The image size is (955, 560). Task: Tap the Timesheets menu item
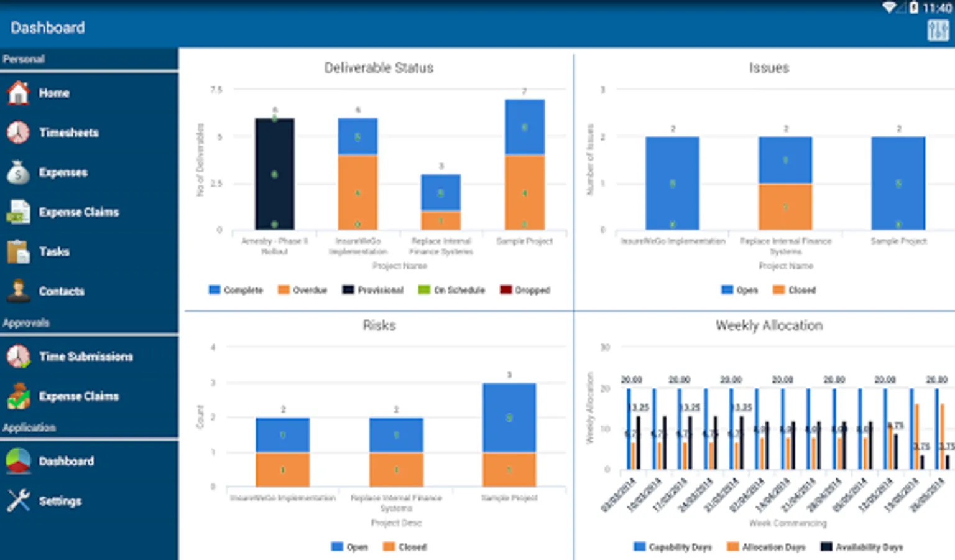68,133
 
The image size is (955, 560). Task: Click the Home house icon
19,93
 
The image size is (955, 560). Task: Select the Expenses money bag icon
19,172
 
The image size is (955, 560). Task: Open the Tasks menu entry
54,251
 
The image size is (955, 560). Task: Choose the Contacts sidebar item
61,291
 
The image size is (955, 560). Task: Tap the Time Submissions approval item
86,357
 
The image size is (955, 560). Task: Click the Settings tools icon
19,500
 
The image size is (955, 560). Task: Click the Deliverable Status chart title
379,68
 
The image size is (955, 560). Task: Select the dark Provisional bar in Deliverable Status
274,174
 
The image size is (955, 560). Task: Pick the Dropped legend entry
525,290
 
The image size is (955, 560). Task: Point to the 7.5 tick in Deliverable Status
216,90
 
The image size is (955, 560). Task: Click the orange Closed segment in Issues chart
785,207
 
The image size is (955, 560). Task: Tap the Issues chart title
768,68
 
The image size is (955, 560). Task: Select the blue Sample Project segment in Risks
509,418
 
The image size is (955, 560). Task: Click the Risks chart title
379,325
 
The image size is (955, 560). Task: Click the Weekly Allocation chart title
768,325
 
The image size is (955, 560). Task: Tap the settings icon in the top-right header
938,30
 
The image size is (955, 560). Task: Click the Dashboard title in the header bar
48,28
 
